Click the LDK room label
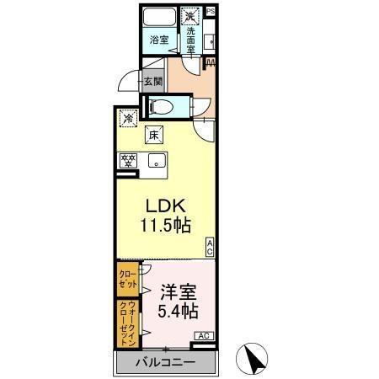(165, 206)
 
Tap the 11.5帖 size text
(165, 227)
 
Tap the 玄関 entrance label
(152, 82)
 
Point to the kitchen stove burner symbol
(129, 161)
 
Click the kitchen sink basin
(156, 161)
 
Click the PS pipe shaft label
(211, 10)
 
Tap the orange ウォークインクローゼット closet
(126, 323)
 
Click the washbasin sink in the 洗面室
(209, 38)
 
